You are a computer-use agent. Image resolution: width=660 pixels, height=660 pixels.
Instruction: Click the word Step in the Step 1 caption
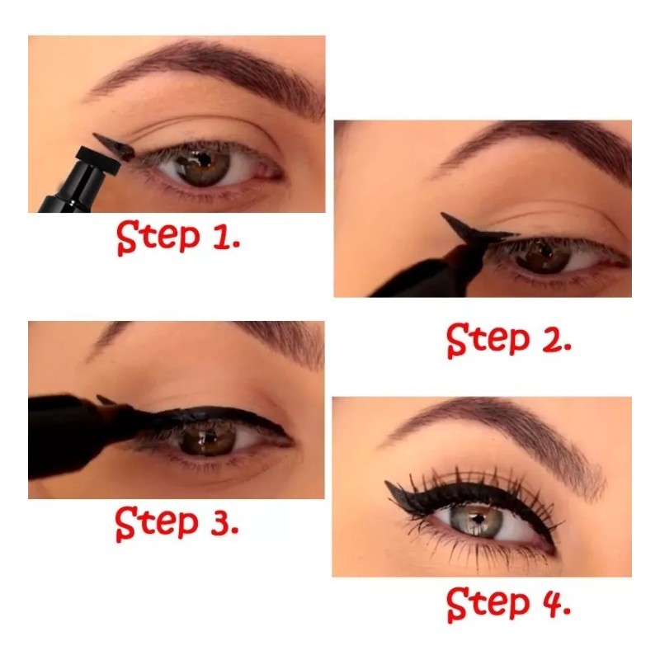158,238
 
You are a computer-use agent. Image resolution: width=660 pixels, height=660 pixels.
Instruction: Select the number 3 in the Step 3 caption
221,522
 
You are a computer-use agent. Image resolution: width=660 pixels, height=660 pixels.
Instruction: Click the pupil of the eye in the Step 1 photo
205,160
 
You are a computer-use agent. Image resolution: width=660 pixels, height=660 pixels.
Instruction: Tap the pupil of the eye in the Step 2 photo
546,252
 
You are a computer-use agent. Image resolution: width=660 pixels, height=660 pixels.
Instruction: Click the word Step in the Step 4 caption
488,604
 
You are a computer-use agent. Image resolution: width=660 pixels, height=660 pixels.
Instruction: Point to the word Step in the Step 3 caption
157,524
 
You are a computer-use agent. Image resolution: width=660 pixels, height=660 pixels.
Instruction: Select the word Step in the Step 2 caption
488,341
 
